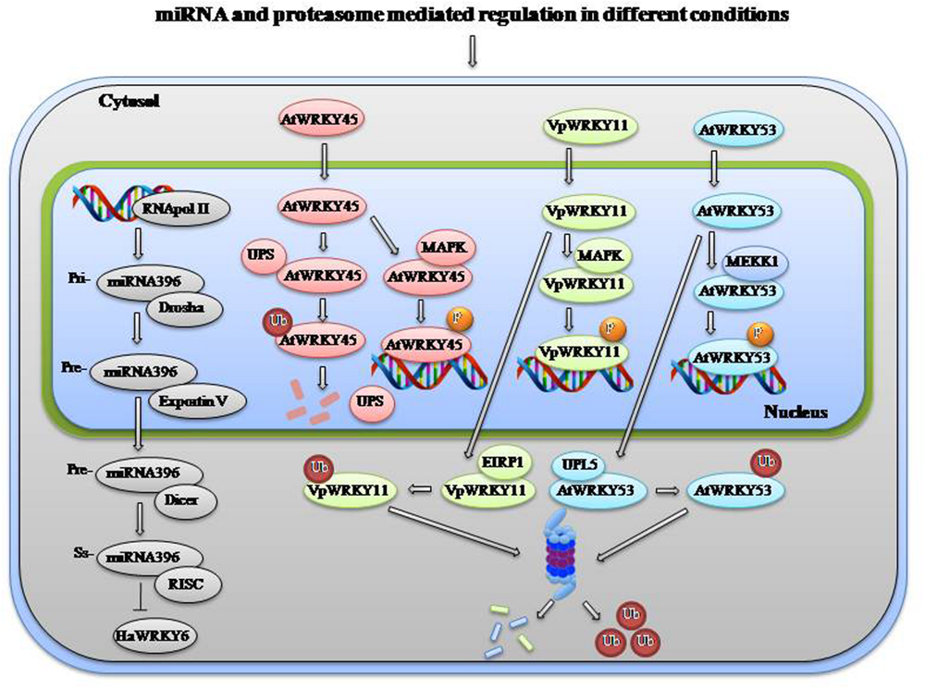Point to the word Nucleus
[x=795, y=412]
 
